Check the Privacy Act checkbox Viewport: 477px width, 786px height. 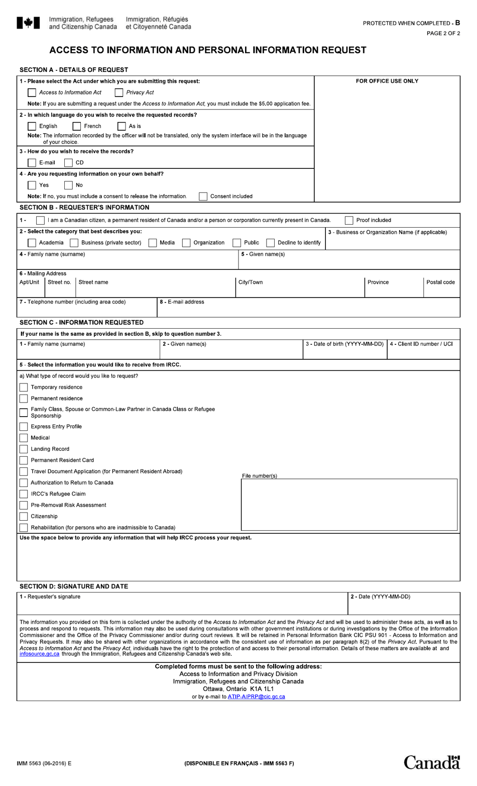click(119, 92)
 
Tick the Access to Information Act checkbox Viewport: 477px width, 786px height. click(32, 92)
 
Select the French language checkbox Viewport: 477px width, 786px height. click(77, 126)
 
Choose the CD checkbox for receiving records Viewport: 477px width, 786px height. click(68, 162)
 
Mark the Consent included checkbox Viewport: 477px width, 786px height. click(203, 196)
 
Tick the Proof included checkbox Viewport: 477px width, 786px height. click(349, 220)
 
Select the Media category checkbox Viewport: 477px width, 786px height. click(153, 243)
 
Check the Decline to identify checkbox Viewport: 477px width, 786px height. click(271, 243)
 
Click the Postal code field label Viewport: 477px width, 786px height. click(440, 282)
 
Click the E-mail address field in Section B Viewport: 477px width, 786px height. click(308, 309)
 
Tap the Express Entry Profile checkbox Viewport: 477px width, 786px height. click(24, 427)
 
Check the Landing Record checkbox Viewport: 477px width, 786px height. click(24, 449)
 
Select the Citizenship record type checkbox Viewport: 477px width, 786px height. click(24, 517)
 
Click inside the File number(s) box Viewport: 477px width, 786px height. click(349, 505)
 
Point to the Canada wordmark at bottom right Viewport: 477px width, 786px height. click(432, 762)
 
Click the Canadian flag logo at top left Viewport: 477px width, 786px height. click(28, 23)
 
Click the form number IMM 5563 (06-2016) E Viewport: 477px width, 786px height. click(44, 763)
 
